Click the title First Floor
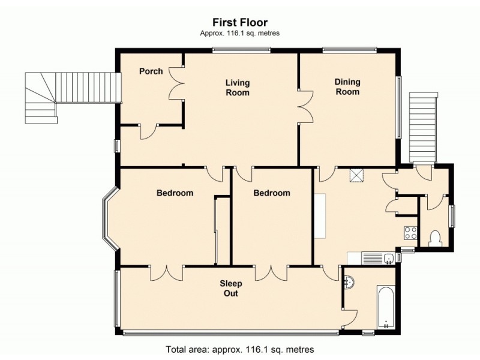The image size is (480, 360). [239, 23]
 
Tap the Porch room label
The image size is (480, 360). [151, 71]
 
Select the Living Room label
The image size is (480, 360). [238, 88]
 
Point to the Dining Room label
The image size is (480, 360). [347, 87]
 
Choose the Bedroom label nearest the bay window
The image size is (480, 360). [175, 193]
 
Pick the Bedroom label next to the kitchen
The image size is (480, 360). [271, 193]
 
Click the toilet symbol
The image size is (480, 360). [436, 238]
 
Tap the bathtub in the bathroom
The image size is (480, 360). [385, 307]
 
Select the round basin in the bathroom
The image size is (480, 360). [350, 281]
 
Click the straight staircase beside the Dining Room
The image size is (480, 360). [422, 127]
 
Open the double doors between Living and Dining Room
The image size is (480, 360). [305, 106]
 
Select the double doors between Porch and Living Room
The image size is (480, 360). [176, 84]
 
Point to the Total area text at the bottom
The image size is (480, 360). [239, 349]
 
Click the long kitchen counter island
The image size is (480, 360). [320, 215]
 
